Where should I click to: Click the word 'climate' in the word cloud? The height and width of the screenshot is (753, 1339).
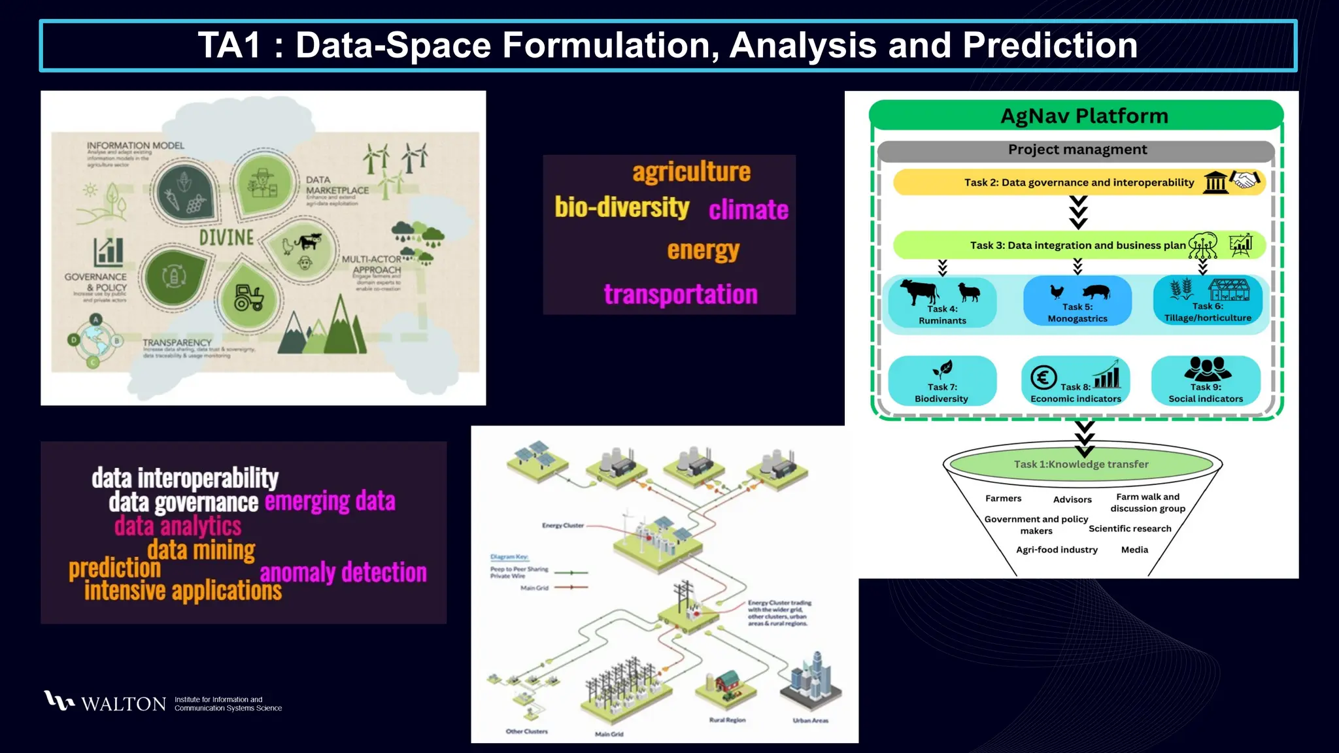(x=749, y=210)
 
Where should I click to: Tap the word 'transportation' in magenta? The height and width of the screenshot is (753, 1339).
(x=680, y=294)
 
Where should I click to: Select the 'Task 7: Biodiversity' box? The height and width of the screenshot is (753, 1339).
(x=941, y=382)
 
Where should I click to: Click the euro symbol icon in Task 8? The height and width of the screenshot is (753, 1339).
(x=1043, y=377)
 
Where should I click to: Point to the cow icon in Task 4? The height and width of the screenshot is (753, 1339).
(x=919, y=292)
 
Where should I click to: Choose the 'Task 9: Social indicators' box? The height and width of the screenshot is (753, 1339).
(x=1206, y=382)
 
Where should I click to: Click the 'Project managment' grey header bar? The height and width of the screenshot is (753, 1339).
(x=1077, y=150)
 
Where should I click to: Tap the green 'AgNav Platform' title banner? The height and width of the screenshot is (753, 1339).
(x=1083, y=116)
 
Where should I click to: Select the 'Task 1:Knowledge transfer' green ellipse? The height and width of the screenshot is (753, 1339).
(x=1081, y=464)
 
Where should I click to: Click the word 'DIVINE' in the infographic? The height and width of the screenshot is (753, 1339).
(x=226, y=237)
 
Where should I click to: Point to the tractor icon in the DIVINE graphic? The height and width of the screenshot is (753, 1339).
(x=248, y=298)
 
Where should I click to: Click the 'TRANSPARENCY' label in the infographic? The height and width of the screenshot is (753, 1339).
(x=177, y=343)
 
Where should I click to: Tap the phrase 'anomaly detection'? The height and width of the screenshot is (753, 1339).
(x=343, y=573)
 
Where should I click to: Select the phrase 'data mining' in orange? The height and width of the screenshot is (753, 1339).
(x=201, y=550)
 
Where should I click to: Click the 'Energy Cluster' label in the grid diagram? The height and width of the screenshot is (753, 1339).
(x=562, y=526)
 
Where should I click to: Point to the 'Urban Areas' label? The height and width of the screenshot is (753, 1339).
(x=810, y=720)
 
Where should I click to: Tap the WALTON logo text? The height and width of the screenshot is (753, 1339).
(x=124, y=704)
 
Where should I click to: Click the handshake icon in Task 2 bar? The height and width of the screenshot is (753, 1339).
(x=1245, y=180)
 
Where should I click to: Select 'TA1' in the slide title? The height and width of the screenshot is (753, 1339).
(x=229, y=46)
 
